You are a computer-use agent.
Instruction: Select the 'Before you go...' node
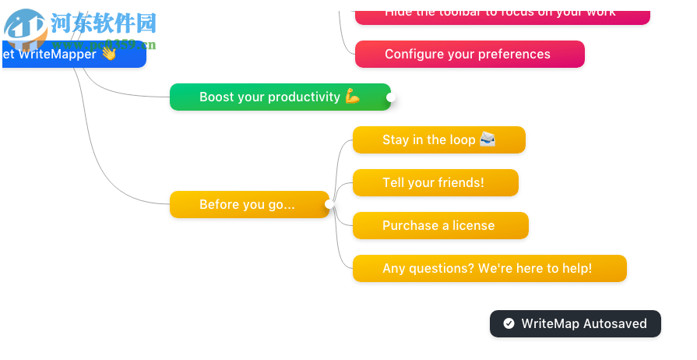click(247, 205)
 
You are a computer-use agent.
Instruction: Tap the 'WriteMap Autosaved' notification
click(575, 324)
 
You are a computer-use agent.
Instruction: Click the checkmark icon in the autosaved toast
click(509, 324)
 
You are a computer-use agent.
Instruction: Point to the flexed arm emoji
click(352, 97)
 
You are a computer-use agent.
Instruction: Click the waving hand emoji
click(108, 54)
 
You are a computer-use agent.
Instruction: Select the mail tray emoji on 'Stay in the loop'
click(488, 139)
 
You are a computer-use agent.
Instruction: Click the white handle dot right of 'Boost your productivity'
click(392, 97)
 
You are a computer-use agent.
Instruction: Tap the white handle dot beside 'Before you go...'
click(330, 205)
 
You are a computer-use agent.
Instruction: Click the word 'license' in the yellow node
click(473, 226)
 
